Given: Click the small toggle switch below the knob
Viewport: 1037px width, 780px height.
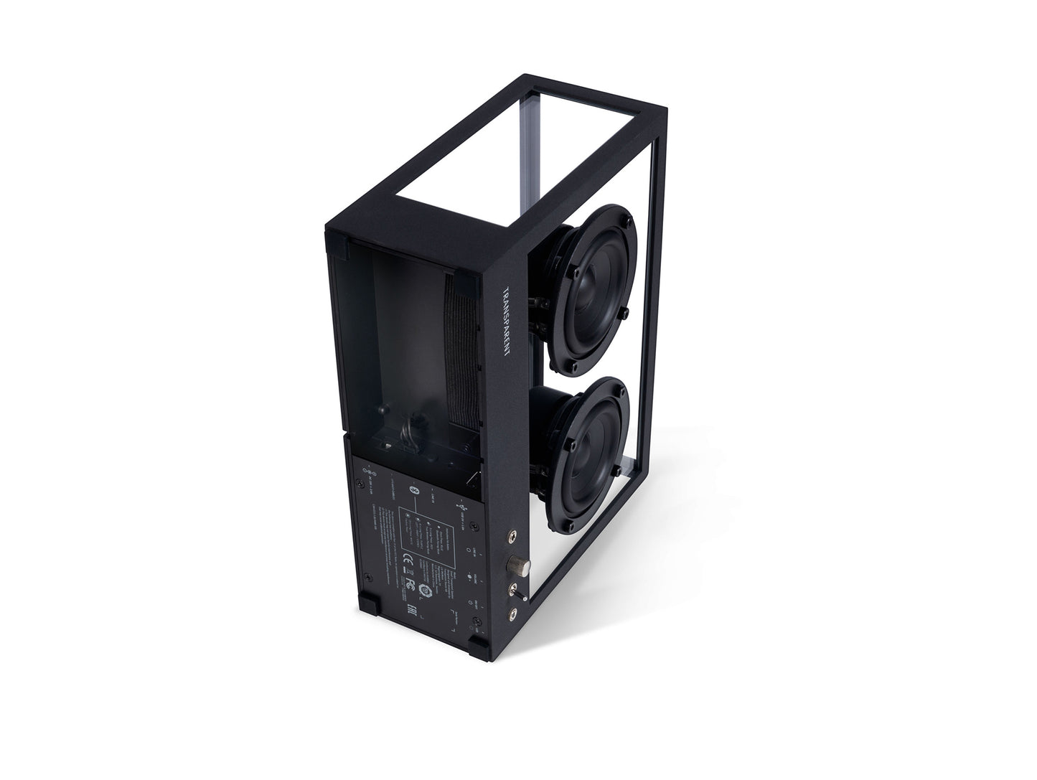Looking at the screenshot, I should (516, 592).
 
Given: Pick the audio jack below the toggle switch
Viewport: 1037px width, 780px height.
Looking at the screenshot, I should (514, 614).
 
